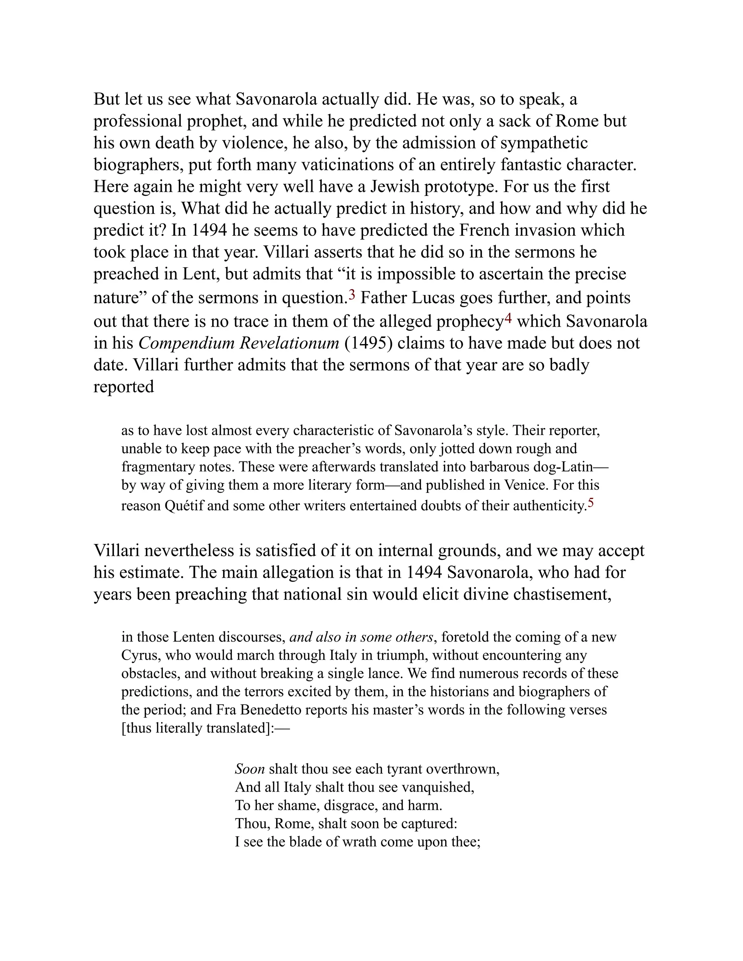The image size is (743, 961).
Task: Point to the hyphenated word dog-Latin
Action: pos(571,466)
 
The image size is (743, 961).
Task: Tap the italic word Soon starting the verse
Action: pos(250,769)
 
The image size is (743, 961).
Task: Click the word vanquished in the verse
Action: pos(439,787)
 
